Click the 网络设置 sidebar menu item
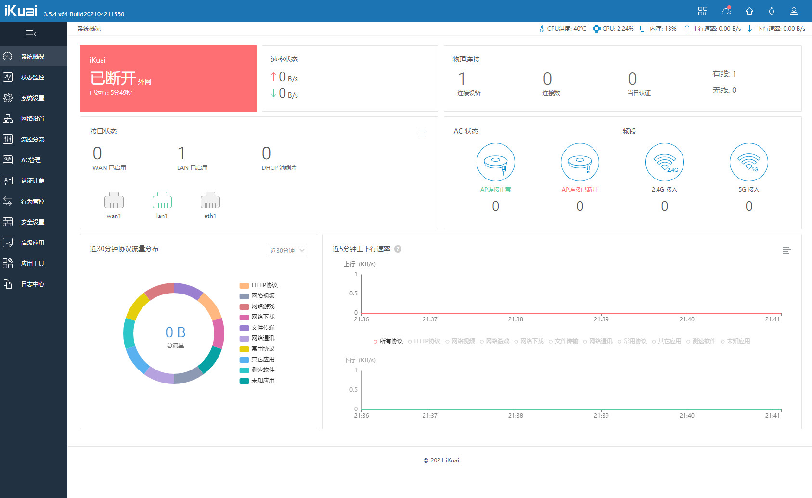click(x=33, y=118)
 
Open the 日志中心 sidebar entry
click(x=33, y=284)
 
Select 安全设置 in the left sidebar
click(x=33, y=222)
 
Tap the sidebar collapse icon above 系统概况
click(x=31, y=35)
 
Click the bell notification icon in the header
click(x=772, y=11)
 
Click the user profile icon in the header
click(x=794, y=11)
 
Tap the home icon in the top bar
click(x=749, y=11)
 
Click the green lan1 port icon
click(x=162, y=200)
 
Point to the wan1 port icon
click(x=114, y=200)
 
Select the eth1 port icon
click(x=210, y=200)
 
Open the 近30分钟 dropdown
click(x=287, y=251)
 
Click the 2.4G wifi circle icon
click(x=664, y=162)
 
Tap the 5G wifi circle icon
click(x=749, y=162)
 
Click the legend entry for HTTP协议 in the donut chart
click(x=258, y=285)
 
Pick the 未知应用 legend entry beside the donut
click(x=257, y=381)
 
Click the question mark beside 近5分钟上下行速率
click(x=398, y=249)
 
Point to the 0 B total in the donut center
click(x=176, y=332)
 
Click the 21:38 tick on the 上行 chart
click(x=516, y=319)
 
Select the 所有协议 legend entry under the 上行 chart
click(x=388, y=341)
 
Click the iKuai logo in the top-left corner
click(x=21, y=11)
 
